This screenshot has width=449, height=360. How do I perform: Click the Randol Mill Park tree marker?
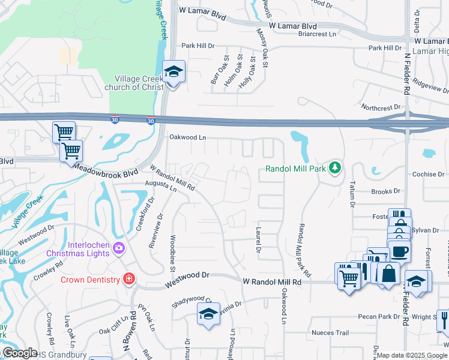coord(336,169)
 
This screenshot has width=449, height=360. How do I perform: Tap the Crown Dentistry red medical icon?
coord(128,279)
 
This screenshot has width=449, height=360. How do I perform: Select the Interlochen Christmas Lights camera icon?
coord(119,248)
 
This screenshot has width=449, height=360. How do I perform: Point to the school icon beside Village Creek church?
coord(174,73)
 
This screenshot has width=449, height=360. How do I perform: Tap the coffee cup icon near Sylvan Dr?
coord(399,251)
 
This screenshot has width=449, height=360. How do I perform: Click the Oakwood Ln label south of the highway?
coord(187,137)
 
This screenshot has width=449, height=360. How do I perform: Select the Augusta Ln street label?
coord(160,187)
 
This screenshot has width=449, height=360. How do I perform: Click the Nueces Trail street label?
coord(330,332)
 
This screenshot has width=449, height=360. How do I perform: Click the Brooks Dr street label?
coord(385,191)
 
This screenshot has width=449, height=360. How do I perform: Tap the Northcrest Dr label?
coord(380,107)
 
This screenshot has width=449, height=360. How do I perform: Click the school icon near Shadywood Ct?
coord(208,314)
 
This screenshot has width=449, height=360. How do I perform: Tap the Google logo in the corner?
coord(19,353)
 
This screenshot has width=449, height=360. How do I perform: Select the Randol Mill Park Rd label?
coord(304,250)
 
